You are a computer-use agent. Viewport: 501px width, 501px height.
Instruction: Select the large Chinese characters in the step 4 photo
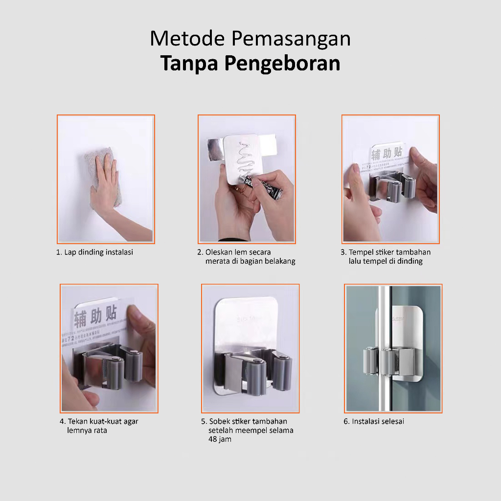95,317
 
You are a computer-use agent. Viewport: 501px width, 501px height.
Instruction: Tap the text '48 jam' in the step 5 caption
220,439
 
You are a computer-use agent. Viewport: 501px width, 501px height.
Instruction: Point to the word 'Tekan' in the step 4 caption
77,421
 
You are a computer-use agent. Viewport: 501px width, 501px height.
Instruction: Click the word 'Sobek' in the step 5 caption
219,421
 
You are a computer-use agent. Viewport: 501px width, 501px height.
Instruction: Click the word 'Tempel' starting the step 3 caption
360,252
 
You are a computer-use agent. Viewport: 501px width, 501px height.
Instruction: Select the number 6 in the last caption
346,421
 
